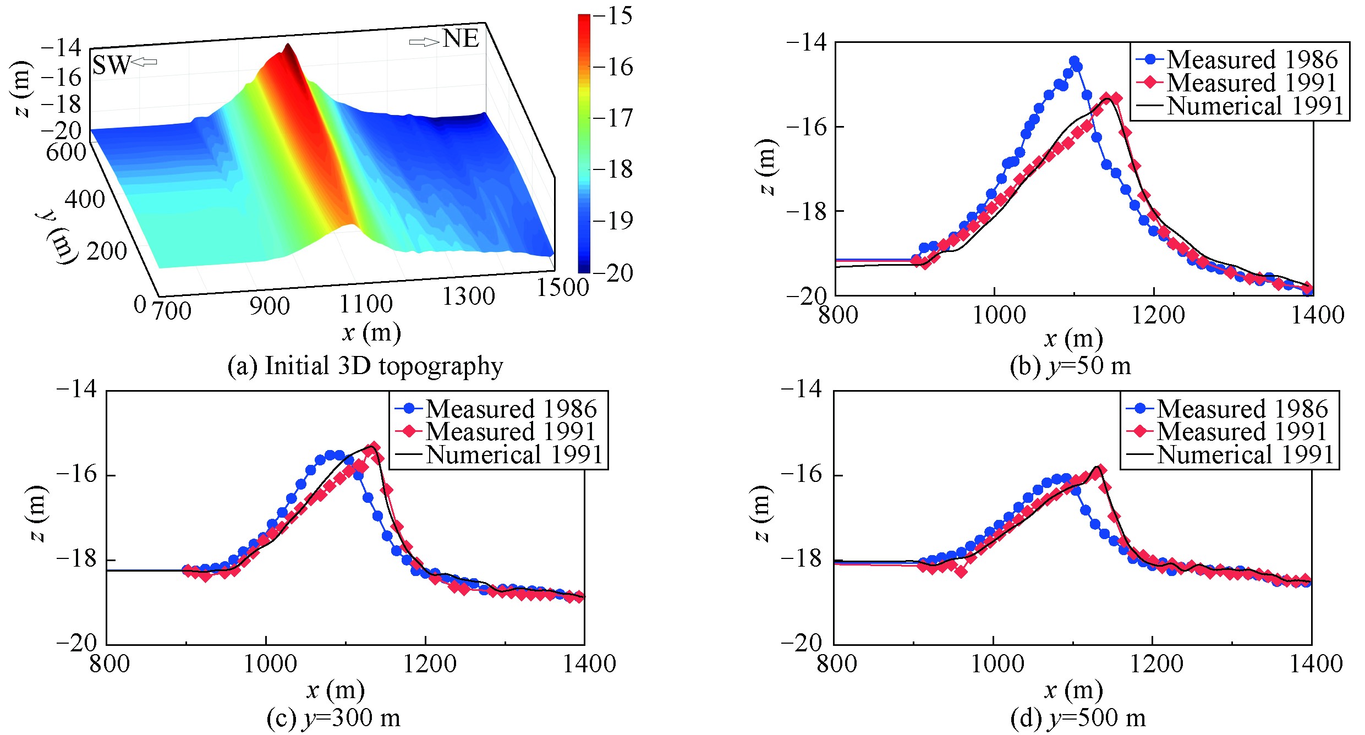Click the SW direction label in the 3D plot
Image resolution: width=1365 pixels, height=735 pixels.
111,65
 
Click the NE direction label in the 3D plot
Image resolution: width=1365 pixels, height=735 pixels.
461,39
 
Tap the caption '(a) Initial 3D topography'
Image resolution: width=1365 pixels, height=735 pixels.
365,366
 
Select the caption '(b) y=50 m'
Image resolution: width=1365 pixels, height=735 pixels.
1070,366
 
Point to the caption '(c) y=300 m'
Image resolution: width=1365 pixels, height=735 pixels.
333,718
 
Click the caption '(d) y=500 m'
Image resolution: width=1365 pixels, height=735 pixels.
1078,718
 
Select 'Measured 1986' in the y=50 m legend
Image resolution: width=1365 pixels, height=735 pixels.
1252,59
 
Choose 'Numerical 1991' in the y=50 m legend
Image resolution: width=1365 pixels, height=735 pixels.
1255,106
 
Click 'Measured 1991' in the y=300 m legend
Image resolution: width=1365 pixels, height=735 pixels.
511,431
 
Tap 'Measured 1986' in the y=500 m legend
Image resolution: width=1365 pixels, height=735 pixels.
1242,408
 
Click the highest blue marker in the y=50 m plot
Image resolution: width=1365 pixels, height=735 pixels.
1074,61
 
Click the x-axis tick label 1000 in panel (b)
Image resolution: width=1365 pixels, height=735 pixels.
999,315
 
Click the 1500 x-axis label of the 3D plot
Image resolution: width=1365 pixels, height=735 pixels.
562,287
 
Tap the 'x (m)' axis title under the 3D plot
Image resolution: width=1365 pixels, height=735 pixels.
371,332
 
